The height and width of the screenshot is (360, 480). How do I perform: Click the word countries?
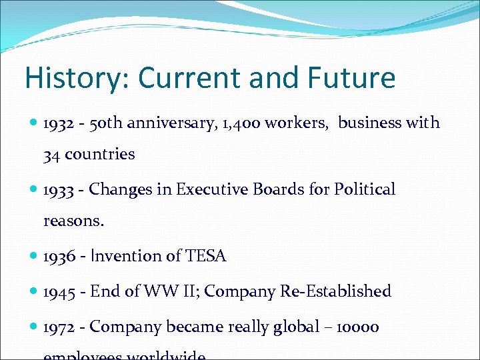(x=100, y=155)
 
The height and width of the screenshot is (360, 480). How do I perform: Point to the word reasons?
(x=74, y=221)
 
